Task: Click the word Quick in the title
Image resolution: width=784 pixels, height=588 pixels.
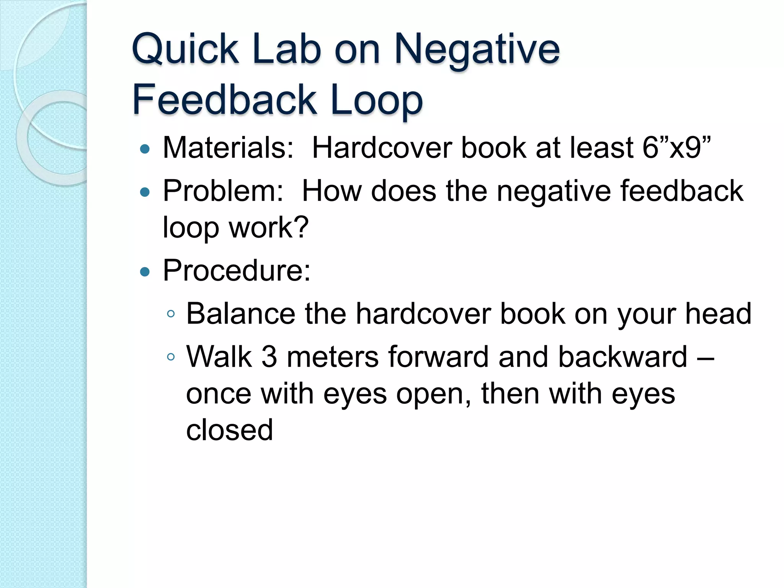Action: coord(185,50)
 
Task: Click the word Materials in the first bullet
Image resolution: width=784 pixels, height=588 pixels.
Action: coord(228,148)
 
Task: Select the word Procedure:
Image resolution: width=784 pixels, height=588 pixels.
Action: coord(237,270)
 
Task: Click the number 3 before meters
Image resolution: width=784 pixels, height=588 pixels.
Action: coord(269,357)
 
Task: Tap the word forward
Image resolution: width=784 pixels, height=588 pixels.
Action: coord(438,357)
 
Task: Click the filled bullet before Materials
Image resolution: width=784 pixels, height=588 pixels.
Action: coord(145,149)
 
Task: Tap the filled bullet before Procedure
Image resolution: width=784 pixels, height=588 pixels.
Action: coord(145,272)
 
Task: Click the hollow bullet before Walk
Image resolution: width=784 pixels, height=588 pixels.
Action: coord(171,358)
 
